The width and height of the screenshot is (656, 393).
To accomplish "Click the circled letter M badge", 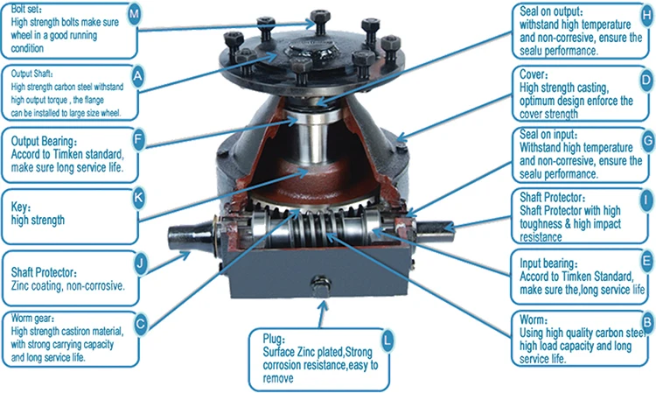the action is click(x=134, y=15).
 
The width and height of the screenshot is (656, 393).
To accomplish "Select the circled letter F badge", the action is click(x=136, y=137).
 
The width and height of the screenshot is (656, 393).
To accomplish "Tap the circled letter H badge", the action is click(x=646, y=16).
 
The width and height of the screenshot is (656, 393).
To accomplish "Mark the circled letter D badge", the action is click(x=646, y=81).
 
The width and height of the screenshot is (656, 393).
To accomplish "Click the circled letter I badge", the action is click(x=646, y=200).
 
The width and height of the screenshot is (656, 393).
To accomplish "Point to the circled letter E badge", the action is click(x=646, y=260).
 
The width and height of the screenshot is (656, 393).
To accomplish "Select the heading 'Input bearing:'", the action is click(x=550, y=262).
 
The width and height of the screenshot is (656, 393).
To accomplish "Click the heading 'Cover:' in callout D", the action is click(x=535, y=75).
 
